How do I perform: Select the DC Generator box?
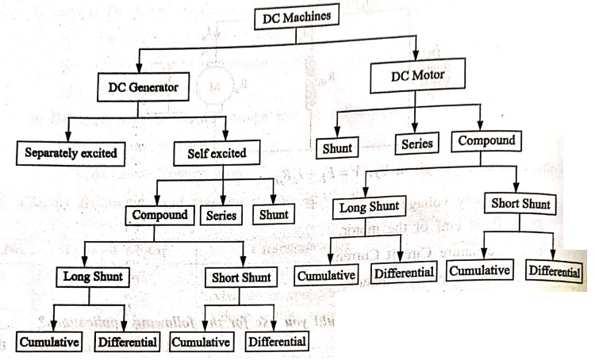click(144, 87)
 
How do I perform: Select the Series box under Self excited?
click(222, 215)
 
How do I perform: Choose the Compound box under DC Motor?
click(487, 141)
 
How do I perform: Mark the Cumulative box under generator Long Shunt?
click(47, 343)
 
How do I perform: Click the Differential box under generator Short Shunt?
click(277, 342)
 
